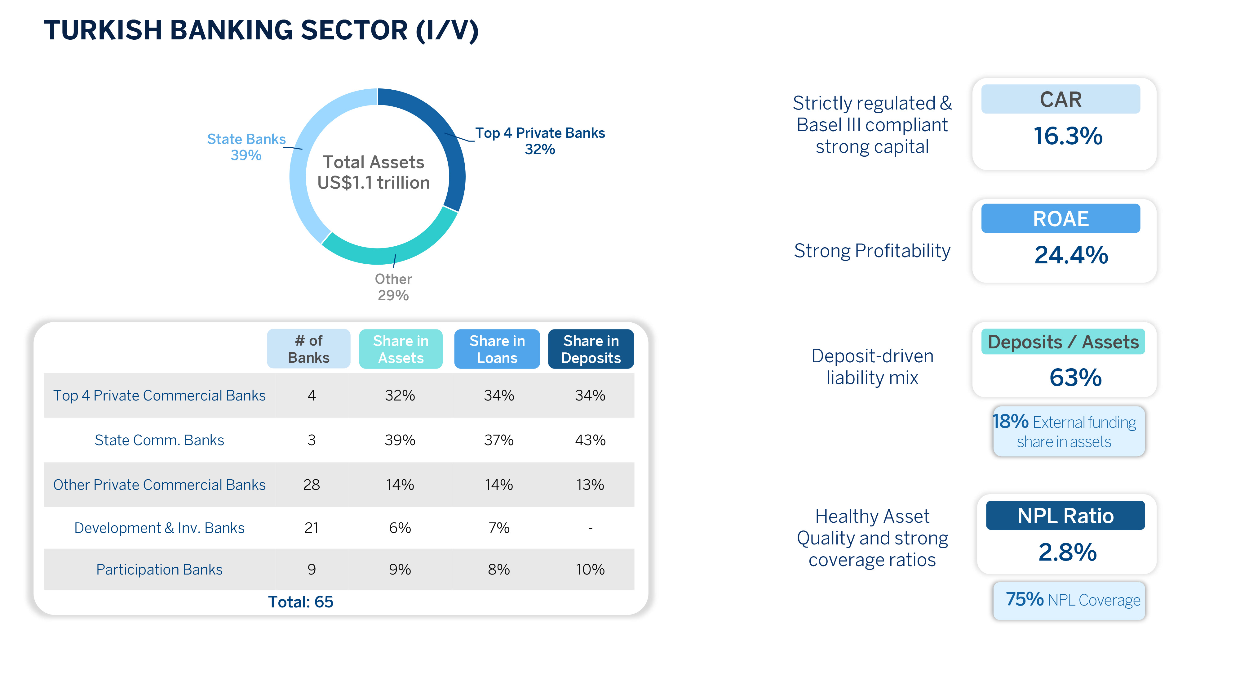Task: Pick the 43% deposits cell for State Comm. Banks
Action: point(590,440)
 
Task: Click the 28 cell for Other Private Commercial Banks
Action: point(312,485)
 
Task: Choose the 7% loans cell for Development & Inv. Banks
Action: point(499,528)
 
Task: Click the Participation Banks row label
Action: point(159,569)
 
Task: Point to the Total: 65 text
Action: point(300,602)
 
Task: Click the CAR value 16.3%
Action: point(1068,136)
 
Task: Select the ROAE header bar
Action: point(1061,219)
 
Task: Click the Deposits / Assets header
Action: point(1063,342)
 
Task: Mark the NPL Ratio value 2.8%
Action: point(1067,552)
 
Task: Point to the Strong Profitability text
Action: point(872,251)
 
